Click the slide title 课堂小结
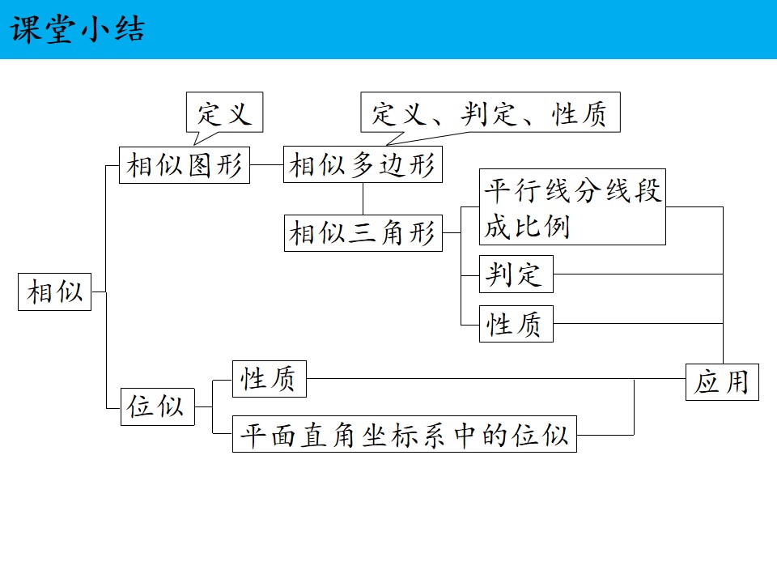(x=78, y=29)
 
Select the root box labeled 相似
(x=54, y=292)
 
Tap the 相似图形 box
(x=185, y=165)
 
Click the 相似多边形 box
(x=363, y=164)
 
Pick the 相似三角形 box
(x=363, y=233)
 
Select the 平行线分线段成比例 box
(x=572, y=206)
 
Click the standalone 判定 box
(x=516, y=274)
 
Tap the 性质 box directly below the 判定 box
(x=516, y=324)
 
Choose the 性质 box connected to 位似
(x=269, y=379)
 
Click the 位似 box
(x=158, y=407)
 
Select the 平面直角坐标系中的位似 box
(x=405, y=434)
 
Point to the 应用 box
(x=722, y=382)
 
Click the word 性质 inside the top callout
(x=579, y=114)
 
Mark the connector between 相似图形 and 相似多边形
(x=266, y=164)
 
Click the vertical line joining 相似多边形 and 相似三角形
(x=363, y=199)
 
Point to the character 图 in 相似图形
(x=199, y=165)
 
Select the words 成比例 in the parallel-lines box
(x=527, y=227)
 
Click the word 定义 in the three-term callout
(x=399, y=113)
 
